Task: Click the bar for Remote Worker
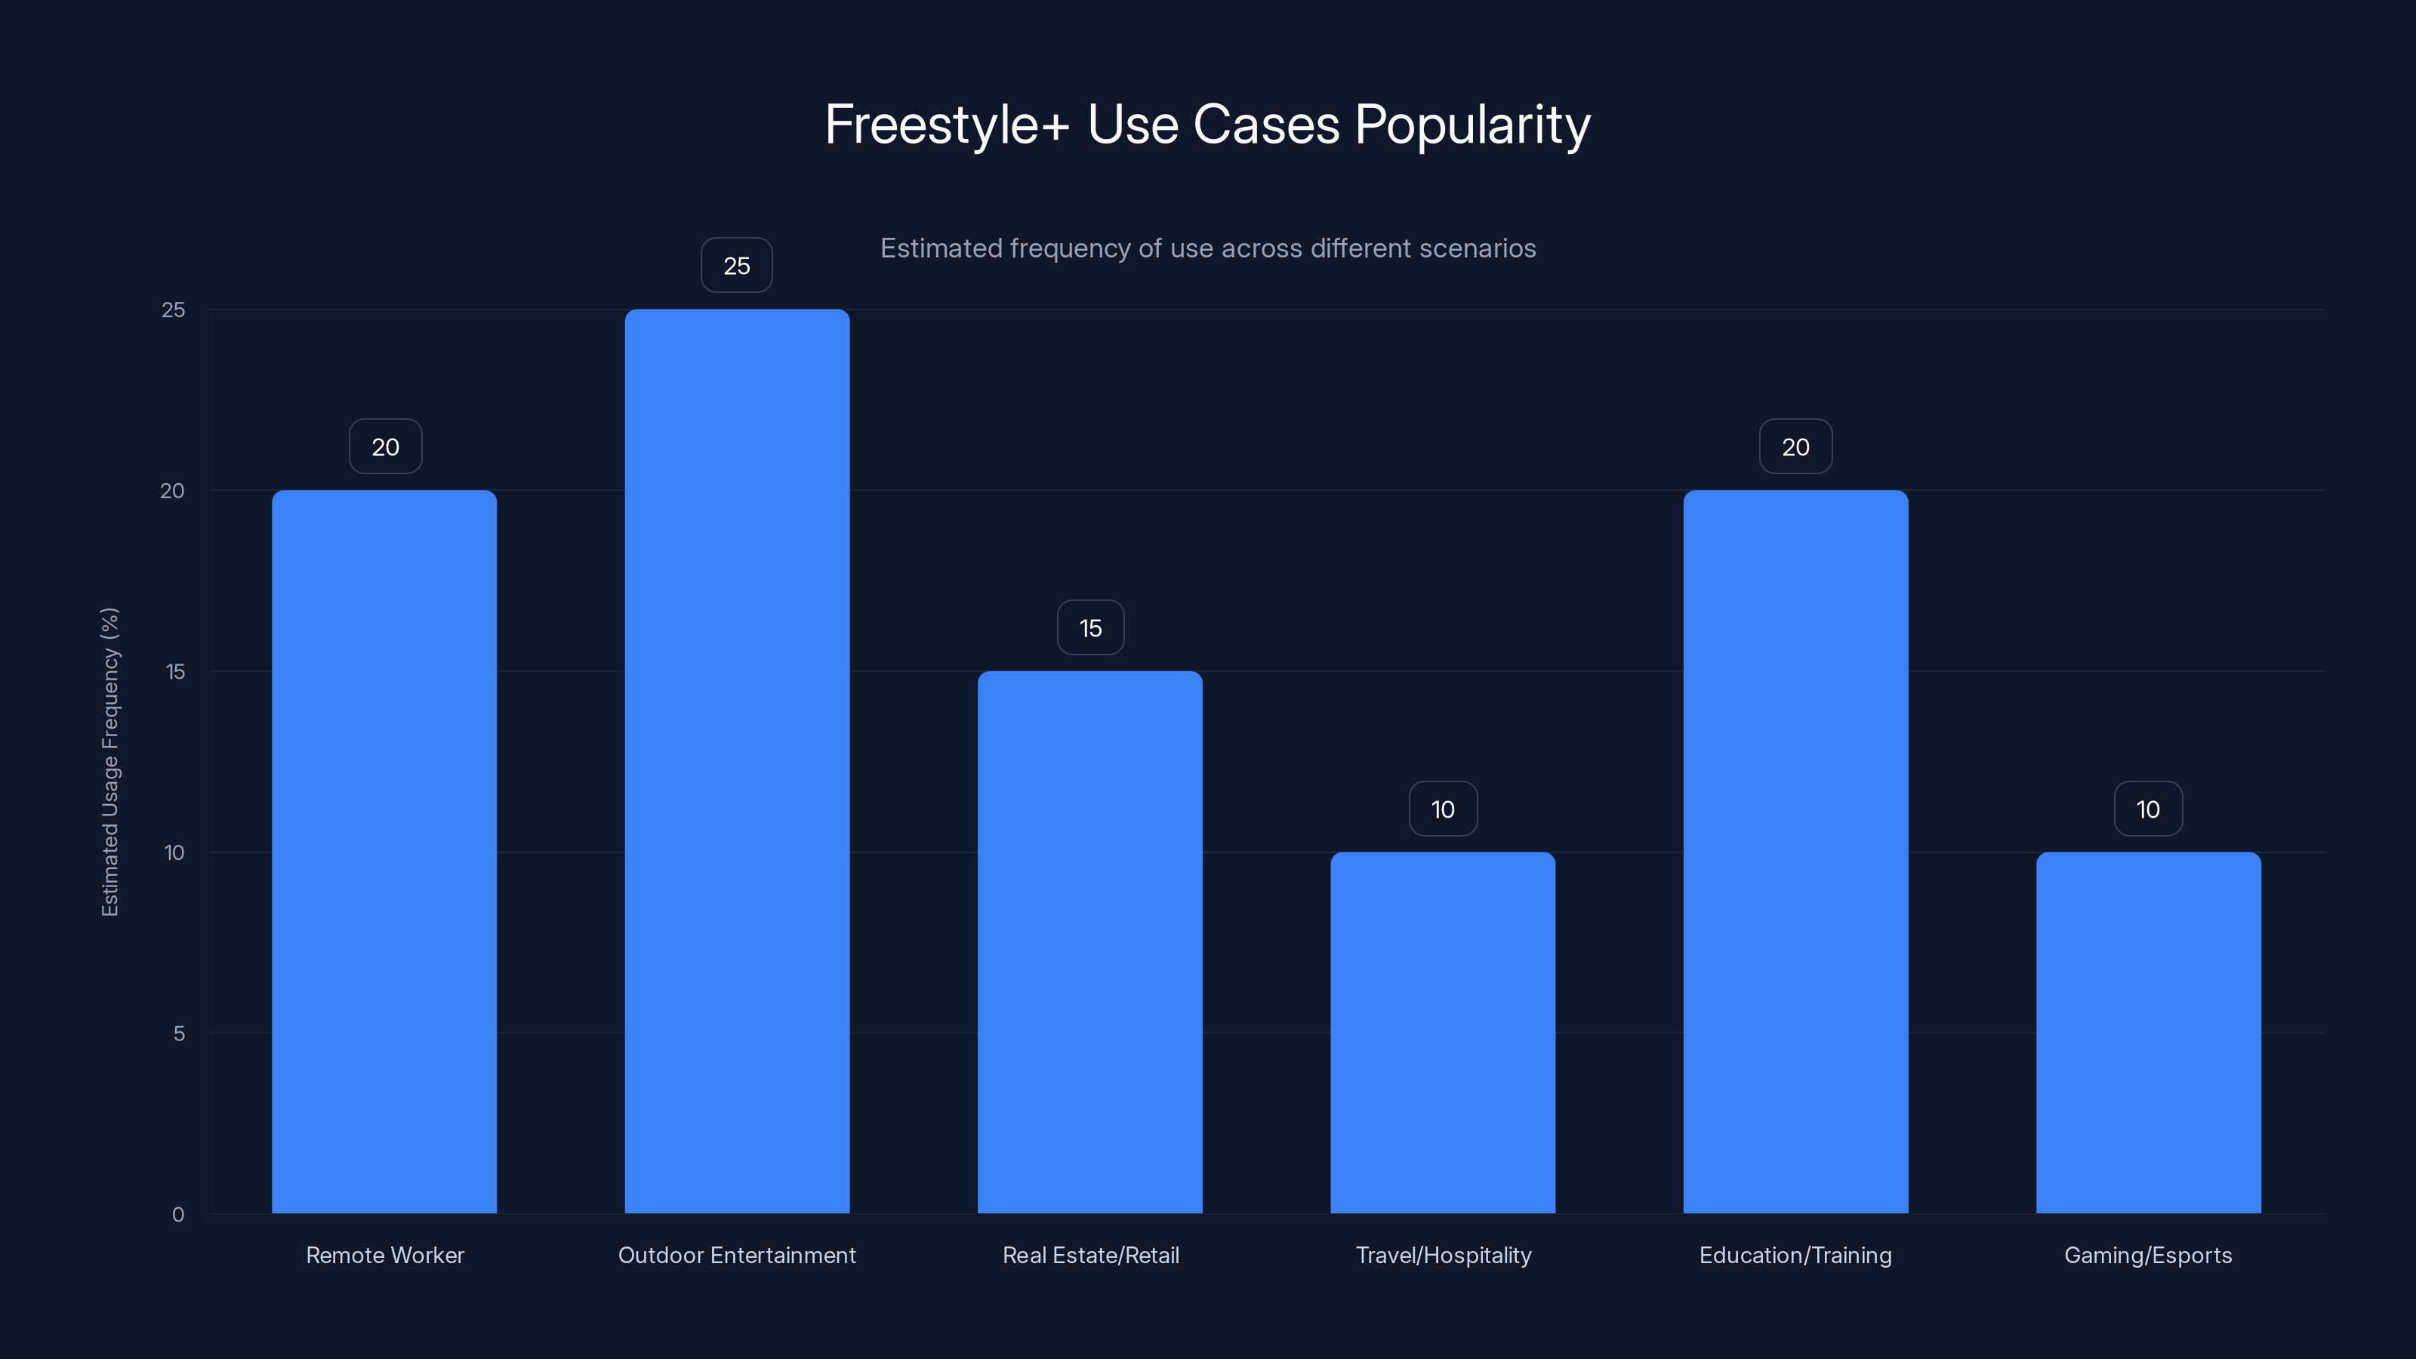[x=384, y=852]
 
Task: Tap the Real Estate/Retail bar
[x=1089, y=941]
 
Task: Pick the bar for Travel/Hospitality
[x=1443, y=1033]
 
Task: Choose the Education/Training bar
[x=1795, y=852]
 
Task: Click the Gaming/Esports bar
[x=2148, y=1033]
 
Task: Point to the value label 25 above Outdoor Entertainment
[x=737, y=266]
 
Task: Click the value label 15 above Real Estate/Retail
[x=1089, y=627]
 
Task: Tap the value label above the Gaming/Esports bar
[x=2148, y=809]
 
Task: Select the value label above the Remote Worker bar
[x=384, y=446]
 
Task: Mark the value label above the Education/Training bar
[x=1795, y=446]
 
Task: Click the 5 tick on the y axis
[x=178, y=1034]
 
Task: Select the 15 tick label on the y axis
[x=175, y=671]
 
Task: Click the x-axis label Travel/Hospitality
[x=1443, y=1255]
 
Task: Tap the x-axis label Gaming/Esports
[x=2148, y=1255]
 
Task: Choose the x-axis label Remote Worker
[x=384, y=1255]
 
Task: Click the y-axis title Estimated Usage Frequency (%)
[x=109, y=762]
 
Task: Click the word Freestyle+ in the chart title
[x=946, y=125]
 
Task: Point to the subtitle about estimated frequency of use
[x=1207, y=248]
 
